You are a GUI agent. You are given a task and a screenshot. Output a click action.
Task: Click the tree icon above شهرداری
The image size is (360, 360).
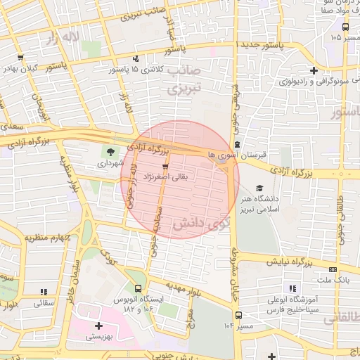point(111,150)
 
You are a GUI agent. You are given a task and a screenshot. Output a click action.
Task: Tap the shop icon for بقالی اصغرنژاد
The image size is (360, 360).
point(166,167)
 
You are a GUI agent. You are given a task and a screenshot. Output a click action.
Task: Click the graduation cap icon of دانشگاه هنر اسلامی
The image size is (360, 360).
point(260,188)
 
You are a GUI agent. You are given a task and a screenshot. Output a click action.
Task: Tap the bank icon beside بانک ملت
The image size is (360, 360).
point(332,269)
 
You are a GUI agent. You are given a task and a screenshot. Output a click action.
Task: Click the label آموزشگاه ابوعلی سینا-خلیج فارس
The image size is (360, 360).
point(292,304)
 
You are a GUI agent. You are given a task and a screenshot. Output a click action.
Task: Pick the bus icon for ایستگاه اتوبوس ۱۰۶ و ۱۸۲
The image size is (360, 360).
point(139,288)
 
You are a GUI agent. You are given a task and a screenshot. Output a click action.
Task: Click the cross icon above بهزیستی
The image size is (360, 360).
point(98,326)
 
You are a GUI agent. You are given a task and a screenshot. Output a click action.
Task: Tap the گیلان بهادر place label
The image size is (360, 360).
point(19,68)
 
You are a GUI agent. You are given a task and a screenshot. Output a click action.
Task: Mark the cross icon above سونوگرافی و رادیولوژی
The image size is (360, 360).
point(314,70)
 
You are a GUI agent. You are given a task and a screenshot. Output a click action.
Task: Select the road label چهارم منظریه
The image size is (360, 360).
point(49,237)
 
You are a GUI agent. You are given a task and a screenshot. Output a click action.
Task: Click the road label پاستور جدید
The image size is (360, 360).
point(281,45)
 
